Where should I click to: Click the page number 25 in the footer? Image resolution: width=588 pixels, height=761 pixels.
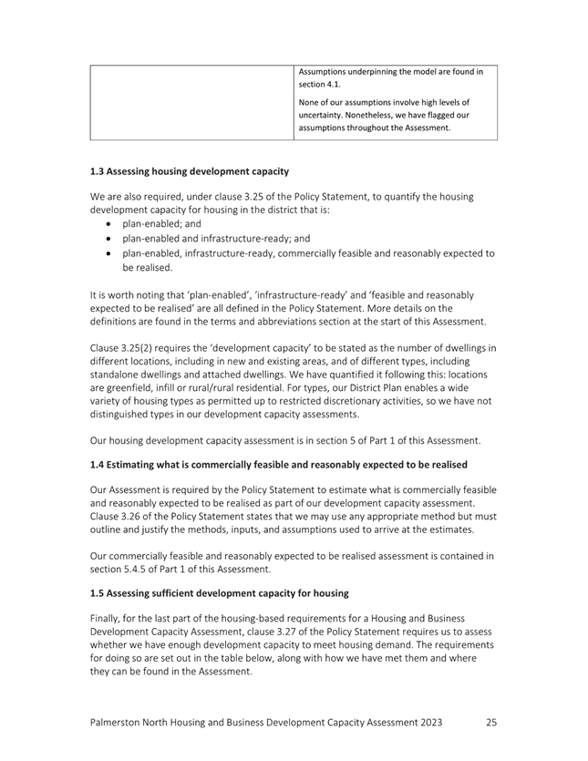click(491, 722)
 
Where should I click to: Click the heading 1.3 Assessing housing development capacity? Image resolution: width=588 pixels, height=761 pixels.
click(190, 170)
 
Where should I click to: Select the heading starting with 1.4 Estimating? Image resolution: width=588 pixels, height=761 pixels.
click(279, 465)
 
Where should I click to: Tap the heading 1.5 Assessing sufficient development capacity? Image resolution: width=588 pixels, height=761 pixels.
click(220, 593)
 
